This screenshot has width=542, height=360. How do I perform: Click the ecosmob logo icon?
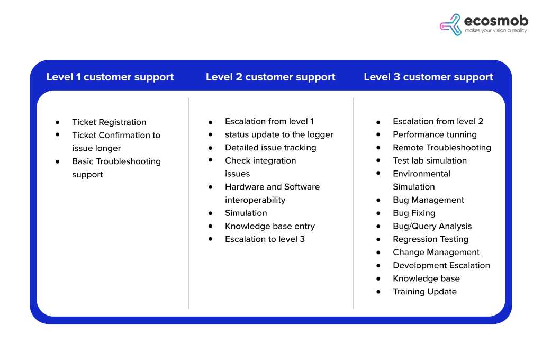[450, 24]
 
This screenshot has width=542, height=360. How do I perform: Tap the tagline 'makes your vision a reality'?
[496, 31]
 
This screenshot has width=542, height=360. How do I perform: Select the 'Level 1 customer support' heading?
[110, 77]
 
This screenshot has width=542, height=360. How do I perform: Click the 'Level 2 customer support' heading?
[270, 77]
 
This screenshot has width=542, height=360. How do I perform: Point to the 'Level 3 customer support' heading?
[428, 77]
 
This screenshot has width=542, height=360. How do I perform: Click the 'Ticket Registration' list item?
[109, 122]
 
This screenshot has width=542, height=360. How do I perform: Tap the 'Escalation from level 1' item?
[269, 121]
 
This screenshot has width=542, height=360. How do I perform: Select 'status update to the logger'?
[279, 134]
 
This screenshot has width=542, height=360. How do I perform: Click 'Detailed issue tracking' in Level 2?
[270, 148]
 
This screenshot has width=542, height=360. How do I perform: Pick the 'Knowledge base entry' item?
[269, 226]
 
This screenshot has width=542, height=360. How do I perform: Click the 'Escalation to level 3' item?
[265, 239]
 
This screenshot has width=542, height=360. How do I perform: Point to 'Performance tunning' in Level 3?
[435, 134]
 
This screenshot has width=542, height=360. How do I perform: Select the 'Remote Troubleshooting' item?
[441, 148]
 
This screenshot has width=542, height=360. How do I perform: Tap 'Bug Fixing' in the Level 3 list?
[414, 213]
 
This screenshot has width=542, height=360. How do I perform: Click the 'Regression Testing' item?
[430, 239]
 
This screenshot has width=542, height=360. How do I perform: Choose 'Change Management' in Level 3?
[436, 253]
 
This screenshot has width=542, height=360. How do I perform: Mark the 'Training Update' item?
[424, 292]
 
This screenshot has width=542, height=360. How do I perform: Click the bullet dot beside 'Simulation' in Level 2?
[211, 213]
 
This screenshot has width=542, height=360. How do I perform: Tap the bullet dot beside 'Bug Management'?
[378, 200]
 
